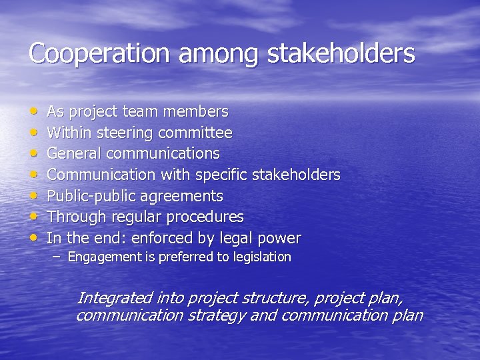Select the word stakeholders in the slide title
click(341, 53)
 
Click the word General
click(74, 153)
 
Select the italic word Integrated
click(113, 297)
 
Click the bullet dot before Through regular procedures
click(33, 217)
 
